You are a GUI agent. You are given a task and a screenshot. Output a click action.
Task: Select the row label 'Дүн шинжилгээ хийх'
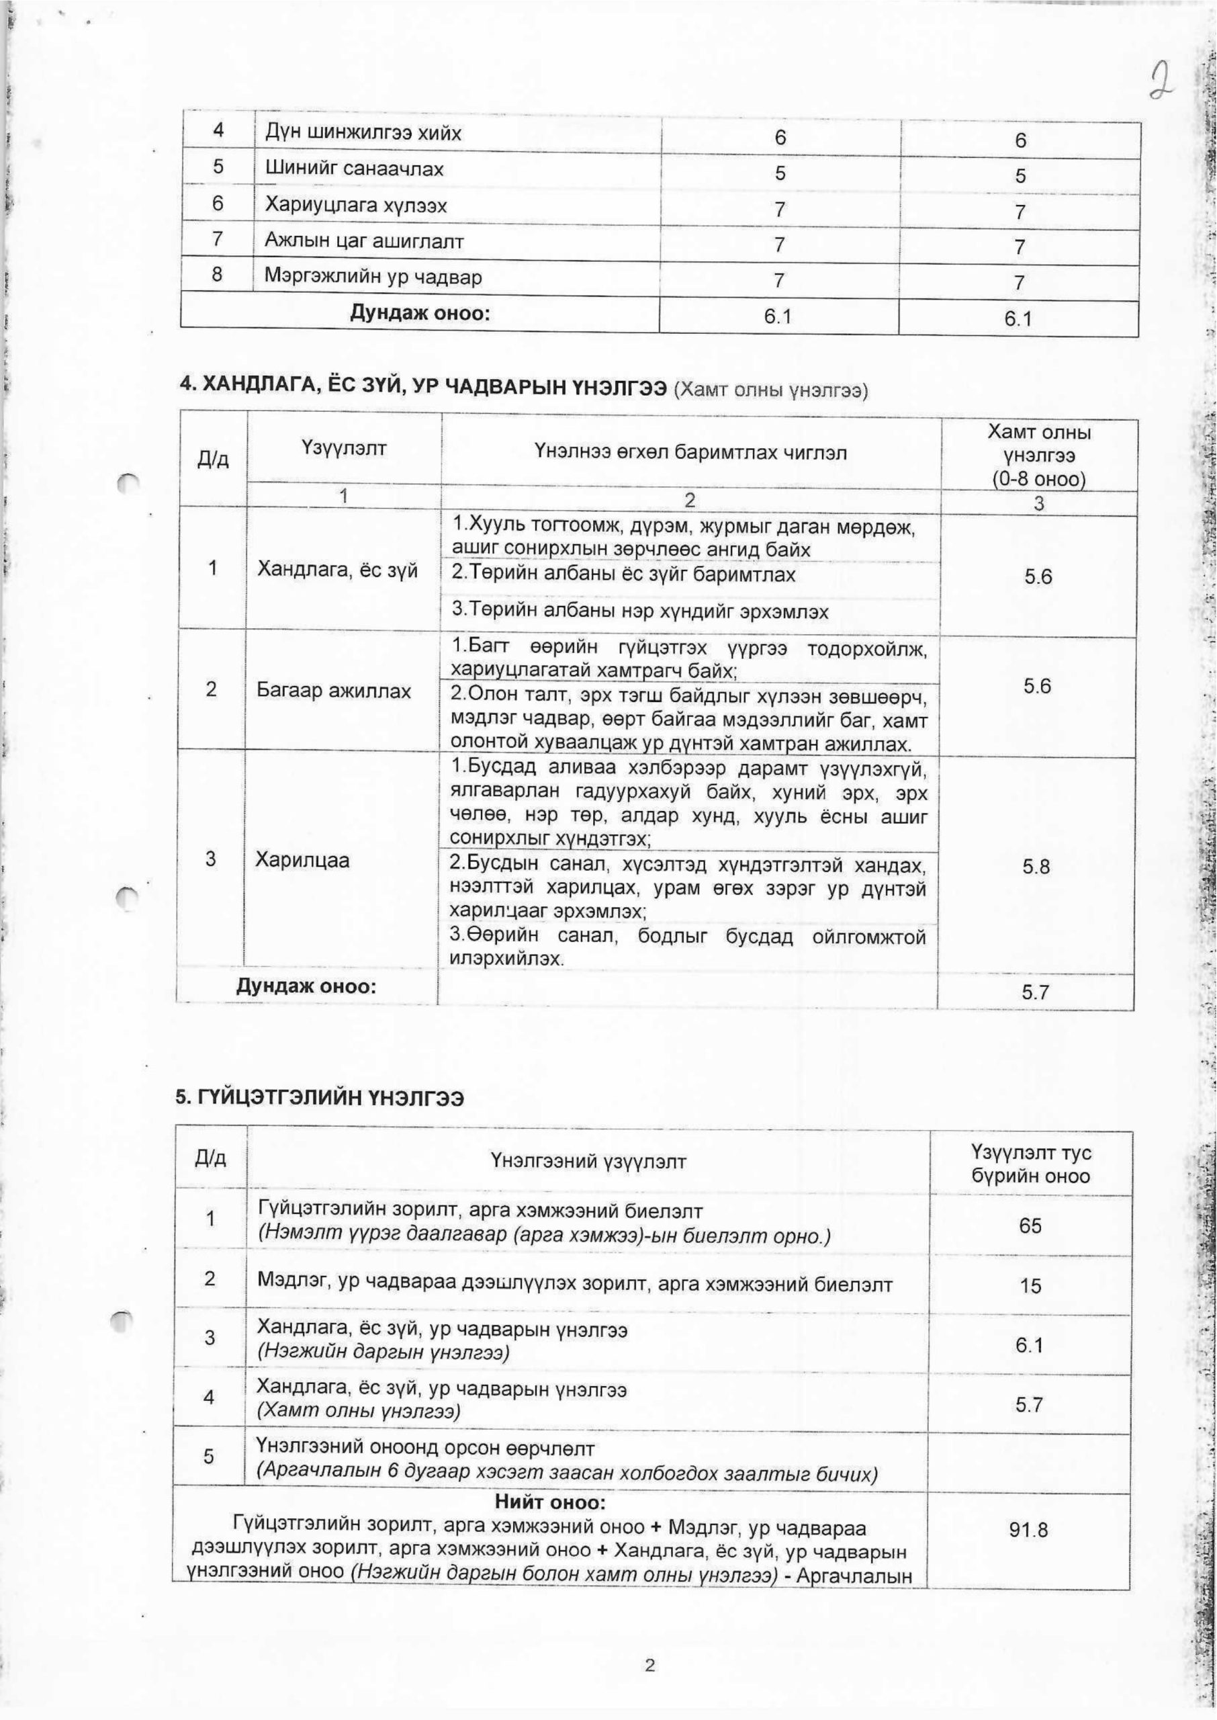coord(363,134)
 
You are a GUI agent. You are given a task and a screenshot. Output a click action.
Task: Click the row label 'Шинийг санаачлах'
coord(354,169)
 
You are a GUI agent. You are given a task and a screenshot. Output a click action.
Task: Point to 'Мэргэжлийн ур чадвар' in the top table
coord(373,277)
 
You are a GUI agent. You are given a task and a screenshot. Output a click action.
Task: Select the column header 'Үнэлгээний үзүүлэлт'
coord(588,1162)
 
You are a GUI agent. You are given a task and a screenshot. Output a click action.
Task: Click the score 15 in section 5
coord(1030,1286)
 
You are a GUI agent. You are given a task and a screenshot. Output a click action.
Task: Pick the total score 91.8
coord(1029,1524)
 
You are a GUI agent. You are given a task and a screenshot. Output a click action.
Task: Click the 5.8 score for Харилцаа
coord(1036,867)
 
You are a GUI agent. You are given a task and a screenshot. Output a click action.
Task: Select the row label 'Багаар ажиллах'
coord(334,690)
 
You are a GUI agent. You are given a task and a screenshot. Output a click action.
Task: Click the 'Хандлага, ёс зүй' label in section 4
coord(337,571)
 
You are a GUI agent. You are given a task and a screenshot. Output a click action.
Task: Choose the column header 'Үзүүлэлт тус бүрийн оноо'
coord(1030,1163)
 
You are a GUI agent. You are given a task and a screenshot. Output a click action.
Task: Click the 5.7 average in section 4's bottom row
coord(1036,992)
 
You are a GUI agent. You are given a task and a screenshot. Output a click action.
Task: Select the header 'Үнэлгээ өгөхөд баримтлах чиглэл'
coord(691,453)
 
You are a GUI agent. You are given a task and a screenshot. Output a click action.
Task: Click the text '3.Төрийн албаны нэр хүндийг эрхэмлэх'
coord(640,611)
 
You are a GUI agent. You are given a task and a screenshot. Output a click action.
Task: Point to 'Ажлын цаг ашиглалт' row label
coord(364,241)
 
